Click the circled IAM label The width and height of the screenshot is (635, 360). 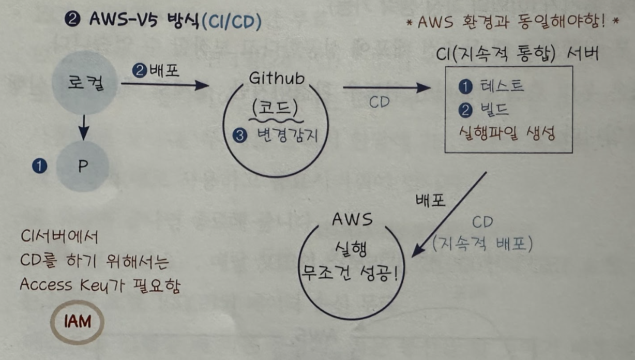point(78,322)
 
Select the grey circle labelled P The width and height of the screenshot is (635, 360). point(83,166)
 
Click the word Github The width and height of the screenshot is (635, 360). point(277,78)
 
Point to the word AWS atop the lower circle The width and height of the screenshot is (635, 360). point(352,219)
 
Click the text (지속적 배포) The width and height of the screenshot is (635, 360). point(482,244)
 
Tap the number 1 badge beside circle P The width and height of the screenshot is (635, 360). point(39,166)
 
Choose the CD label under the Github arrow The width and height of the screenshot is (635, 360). point(379,102)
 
